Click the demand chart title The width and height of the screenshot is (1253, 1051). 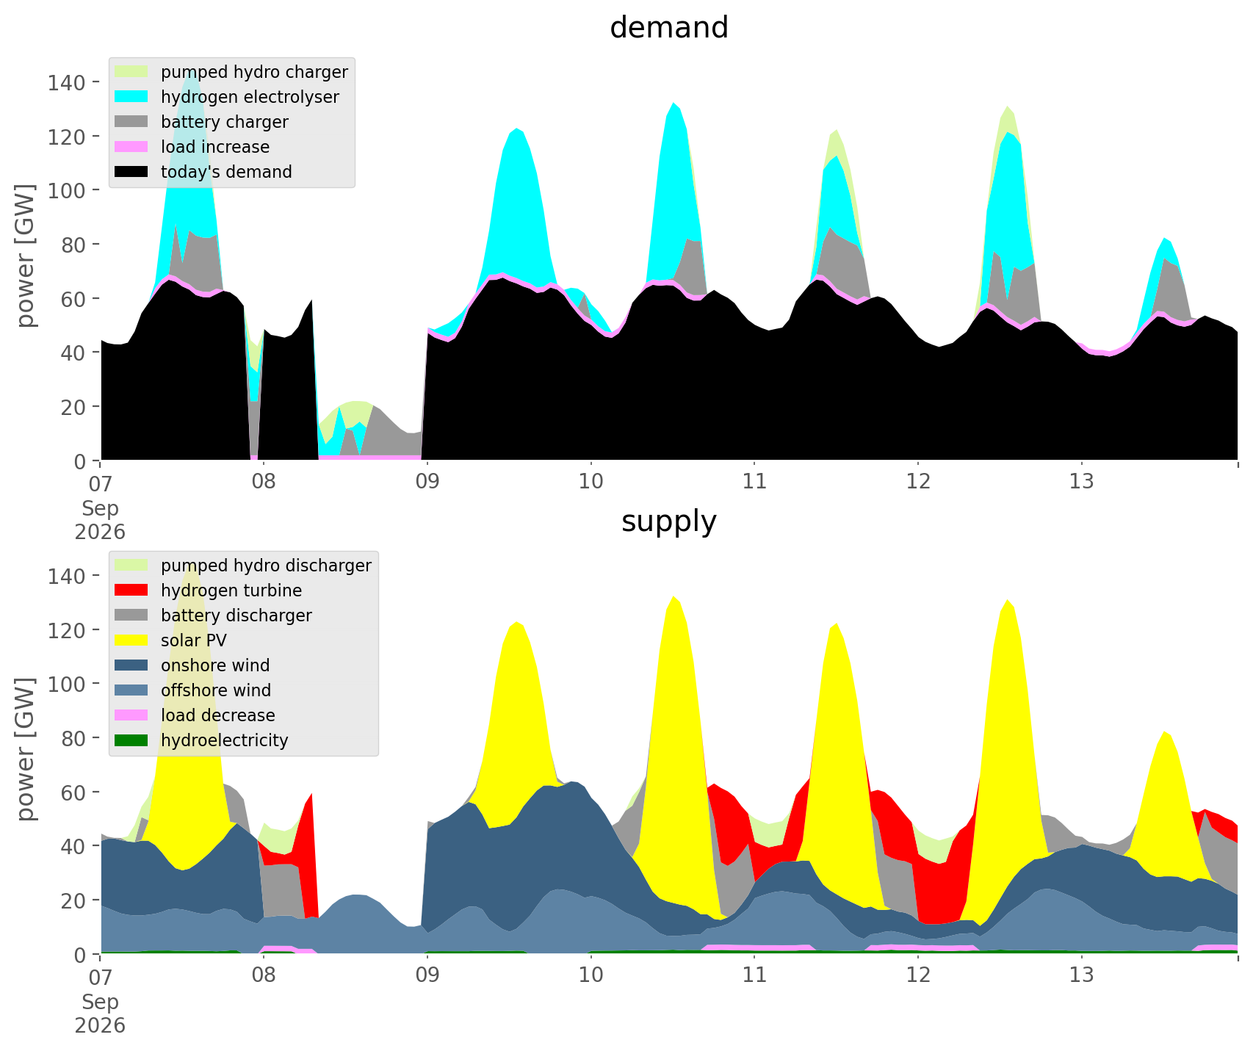669,28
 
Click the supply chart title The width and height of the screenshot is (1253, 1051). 669,521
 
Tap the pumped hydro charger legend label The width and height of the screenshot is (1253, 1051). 254,72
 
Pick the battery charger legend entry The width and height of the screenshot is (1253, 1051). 203,122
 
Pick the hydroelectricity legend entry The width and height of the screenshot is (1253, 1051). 203,740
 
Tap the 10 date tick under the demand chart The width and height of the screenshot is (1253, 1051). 591,482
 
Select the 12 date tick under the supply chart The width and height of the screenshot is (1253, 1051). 918,975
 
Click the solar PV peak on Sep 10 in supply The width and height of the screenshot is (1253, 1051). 674,597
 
